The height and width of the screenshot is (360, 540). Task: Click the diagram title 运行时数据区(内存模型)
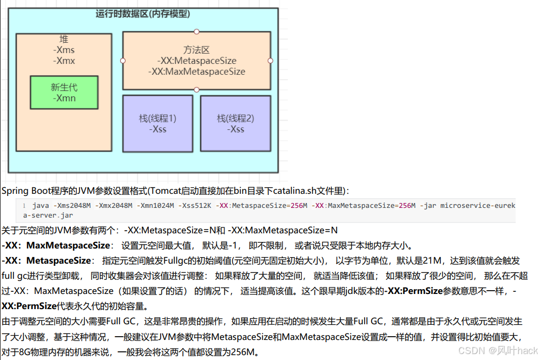[143, 14]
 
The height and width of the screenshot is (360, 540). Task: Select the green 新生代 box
[64, 93]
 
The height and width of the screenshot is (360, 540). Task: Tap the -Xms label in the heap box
[64, 50]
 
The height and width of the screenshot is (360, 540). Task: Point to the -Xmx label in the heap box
[64, 61]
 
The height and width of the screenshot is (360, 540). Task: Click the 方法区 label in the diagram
[196, 50]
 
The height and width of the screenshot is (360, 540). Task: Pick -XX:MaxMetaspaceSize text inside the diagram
[196, 71]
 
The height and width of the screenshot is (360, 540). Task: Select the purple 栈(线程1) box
[158, 124]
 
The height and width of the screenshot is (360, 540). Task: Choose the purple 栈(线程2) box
[235, 124]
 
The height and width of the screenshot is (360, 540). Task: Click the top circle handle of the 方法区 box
[196, 31]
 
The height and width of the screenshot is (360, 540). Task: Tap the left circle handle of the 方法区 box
[123, 61]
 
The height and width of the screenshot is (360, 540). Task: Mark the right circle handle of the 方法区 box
[271, 61]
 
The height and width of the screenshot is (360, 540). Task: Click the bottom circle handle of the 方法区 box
[196, 90]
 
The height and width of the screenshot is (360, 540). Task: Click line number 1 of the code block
[24, 206]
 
